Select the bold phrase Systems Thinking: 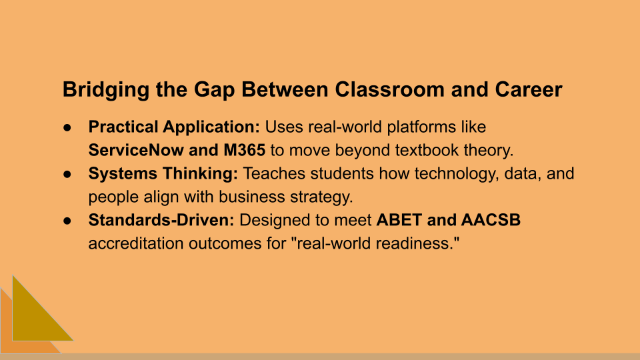pyautogui.click(x=163, y=174)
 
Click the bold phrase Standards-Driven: pyautogui.click(x=162, y=221)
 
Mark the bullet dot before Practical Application pyautogui.click(x=68, y=127)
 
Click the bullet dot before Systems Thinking pyautogui.click(x=68, y=175)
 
